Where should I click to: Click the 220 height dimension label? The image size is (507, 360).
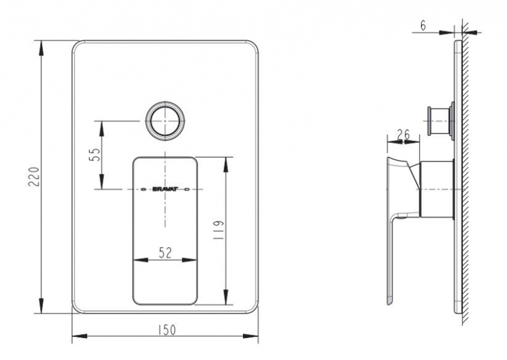tap(34, 176)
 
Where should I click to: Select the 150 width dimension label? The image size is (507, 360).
tap(168, 330)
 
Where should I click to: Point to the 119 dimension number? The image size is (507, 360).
tap(218, 230)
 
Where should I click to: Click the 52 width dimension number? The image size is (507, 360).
tap(165, 253)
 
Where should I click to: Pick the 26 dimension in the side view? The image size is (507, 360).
tap(403, 134)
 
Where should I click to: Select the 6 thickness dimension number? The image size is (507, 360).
tap(423, 25)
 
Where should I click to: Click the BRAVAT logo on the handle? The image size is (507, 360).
tap(165, 189)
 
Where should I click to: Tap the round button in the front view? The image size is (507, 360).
tap(166, 120)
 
